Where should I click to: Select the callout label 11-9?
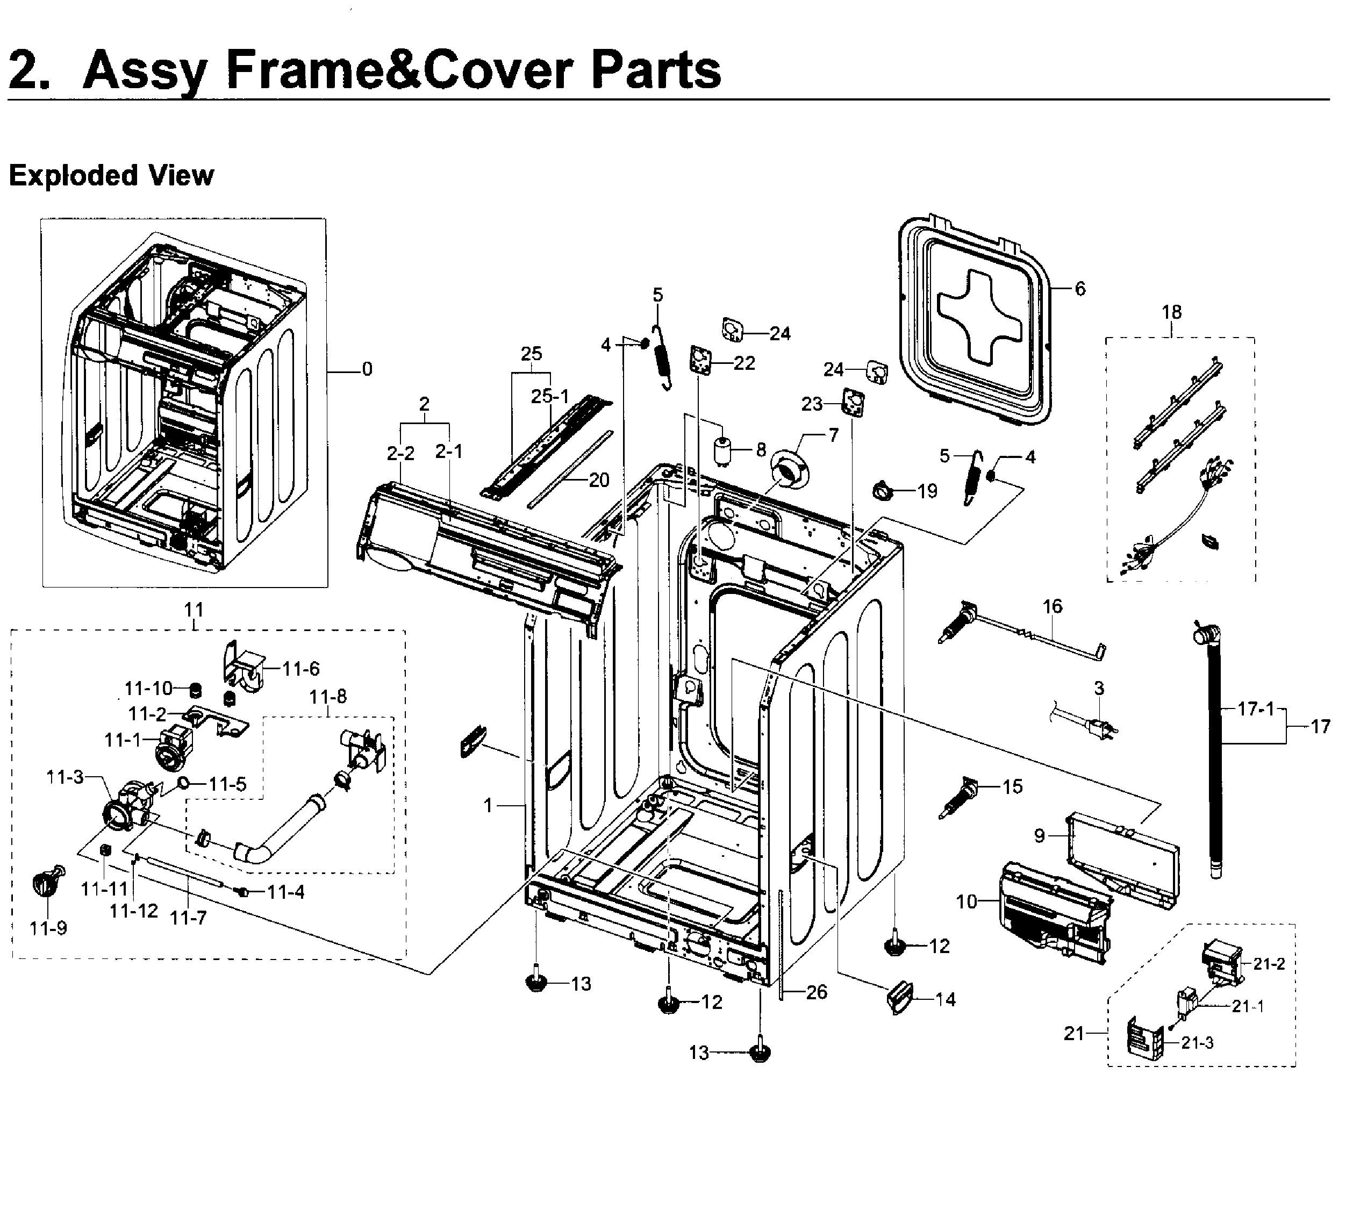48,927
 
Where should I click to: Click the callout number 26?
817,992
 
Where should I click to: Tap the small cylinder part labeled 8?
722,450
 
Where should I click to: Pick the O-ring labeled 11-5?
182,784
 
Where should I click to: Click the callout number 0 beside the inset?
367,369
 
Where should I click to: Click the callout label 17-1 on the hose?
1256,709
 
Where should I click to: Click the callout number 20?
599,479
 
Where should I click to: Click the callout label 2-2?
400,453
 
